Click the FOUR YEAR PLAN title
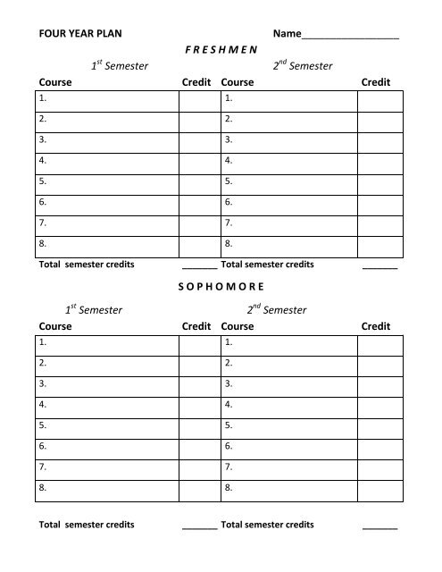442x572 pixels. click(x=79, y=34)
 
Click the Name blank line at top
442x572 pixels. click(x=350, y=36)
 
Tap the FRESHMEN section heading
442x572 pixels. click(x=221, y=50)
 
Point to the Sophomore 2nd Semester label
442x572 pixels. click(x=277, y=310)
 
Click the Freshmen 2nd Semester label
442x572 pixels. click(x=277, y=65)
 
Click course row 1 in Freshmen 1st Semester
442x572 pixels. click(x=107, y=98)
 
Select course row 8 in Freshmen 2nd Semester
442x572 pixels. click(x=289, y=243)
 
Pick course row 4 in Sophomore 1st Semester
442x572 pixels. click(x=107, y=405)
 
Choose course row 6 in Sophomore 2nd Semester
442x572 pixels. click(x=289, y=446)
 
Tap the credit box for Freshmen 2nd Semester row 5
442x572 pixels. click(x=379, y=181)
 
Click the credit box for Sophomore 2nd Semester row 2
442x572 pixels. click(x=379, y=363)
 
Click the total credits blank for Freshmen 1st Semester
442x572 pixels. click(x=199, y=266)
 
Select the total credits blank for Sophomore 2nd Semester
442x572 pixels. click(x=380, y=526)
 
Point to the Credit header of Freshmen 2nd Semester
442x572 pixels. click(x=376, y=82)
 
